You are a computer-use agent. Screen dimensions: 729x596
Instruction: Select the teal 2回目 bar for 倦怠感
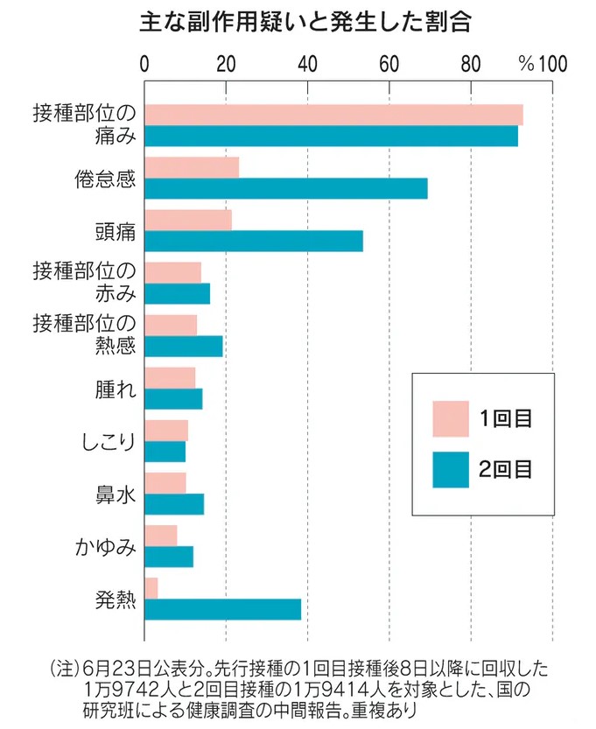(x=286, y=188)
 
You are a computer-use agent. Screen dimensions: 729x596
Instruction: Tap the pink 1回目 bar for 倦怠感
(x=192, y=167)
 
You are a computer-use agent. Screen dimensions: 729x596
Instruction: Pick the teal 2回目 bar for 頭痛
(x=254, y=241)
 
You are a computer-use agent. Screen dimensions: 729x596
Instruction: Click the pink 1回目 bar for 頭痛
(x=188, y=220)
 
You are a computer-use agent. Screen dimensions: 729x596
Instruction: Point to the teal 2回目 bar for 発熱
(x=223, y=609)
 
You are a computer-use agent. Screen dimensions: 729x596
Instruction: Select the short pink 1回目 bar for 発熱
(x=151, y=588)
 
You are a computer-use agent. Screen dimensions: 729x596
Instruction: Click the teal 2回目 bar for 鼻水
(x=174, y=504)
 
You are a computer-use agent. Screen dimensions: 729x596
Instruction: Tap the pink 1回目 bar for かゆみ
(x=161, y=536)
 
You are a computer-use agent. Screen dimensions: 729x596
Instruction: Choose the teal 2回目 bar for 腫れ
(x=173, y=398)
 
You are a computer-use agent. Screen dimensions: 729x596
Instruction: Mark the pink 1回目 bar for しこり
(x=166, y=431)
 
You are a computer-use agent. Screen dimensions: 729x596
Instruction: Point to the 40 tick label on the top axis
(x=307, y=64)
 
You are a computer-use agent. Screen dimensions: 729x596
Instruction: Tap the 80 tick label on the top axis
(x=471, y=64)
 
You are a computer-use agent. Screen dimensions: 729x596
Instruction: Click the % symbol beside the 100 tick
(x=525, y=64)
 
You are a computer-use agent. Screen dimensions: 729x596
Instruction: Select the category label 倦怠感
(x=104, y=179)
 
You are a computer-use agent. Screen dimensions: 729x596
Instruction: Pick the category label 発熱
(x=116, y=599)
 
